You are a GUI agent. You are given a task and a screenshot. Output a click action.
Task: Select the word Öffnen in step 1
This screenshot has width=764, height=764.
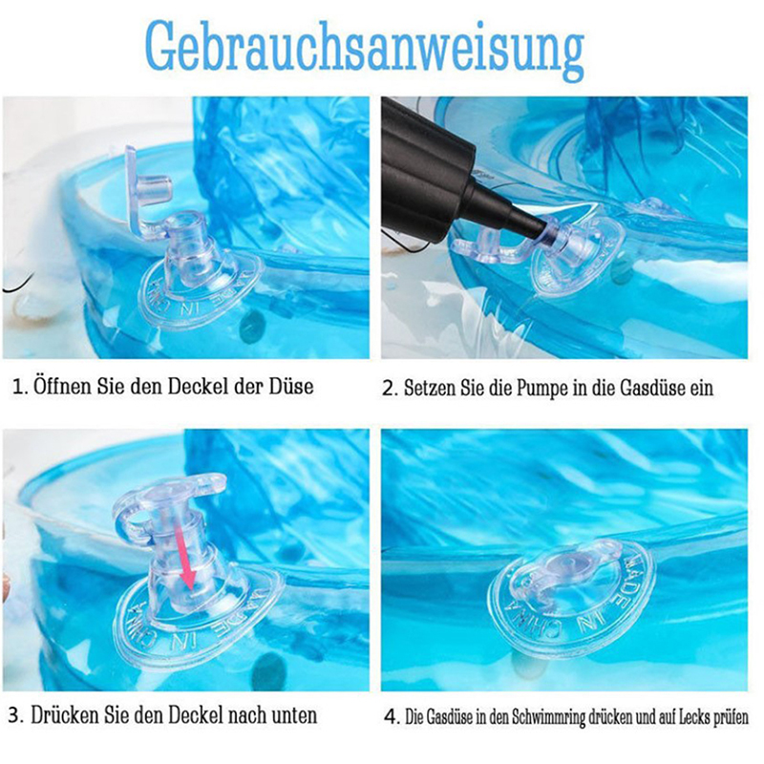pyautogui.click(x=63, y=387)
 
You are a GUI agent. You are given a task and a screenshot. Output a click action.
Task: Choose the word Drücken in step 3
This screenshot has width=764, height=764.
pyautogui.click(x=65, y=715)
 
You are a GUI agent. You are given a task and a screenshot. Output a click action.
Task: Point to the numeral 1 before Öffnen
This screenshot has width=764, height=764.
pyautogui.click(x=18, y=388)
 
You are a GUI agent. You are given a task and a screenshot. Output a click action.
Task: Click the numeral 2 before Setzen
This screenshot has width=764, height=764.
pyautogui.click(x=388, y=389)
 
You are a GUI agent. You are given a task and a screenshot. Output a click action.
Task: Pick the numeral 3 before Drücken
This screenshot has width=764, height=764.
pyautogui.click(x=14, y=716)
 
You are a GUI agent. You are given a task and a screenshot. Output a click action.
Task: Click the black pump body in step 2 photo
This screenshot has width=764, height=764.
pyautogui.click(x=425, y=171)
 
